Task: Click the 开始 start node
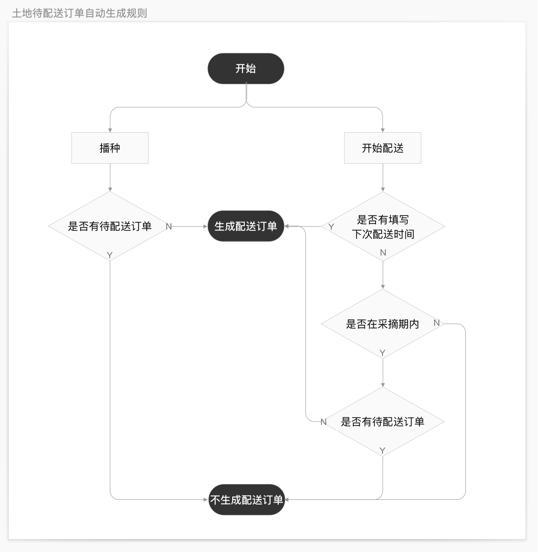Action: (x=246, y=68)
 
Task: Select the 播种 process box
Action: (x=110, y=148)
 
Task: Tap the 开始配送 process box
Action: (x=383, y=148)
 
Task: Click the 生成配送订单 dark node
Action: (x=246, y=226)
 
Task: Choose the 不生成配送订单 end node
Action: (x=247, y=499)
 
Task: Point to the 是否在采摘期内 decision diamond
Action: (x=383, y=324)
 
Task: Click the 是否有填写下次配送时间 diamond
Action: (x=383, y=226)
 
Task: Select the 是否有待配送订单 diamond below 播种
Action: (x=110, y=226)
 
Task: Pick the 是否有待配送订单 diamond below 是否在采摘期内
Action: (x=383, y=421)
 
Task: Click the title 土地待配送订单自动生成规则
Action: (x=80, y=13)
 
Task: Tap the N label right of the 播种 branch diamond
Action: (x=168, y=227)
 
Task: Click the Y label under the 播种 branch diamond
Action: (x=109, y=255)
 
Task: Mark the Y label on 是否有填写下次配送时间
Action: (x=331, y=227)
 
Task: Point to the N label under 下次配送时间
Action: (x=383, y=252)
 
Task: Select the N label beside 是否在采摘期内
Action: (x=437, y=323)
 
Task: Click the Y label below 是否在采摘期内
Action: (x=383, y=353)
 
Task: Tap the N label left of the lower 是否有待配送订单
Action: (x=323, y=422)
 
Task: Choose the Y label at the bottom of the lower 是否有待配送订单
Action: (x=383, y=451)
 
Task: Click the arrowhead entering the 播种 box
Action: (x=110, y=130)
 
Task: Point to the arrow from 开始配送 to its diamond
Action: (x=383, y=177)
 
